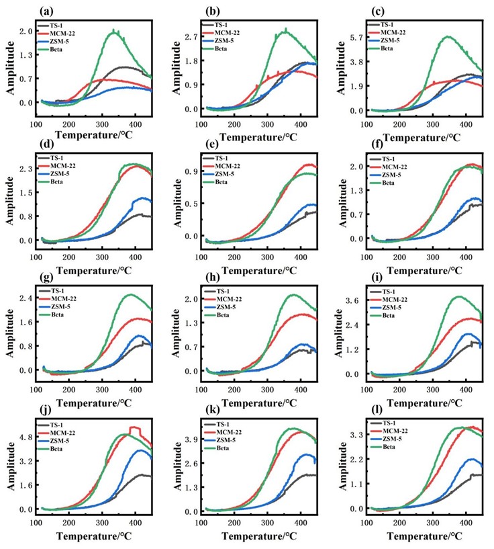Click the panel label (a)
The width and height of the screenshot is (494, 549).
pos(46,11)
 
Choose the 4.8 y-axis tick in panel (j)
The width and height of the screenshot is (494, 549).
pos(25,437)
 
